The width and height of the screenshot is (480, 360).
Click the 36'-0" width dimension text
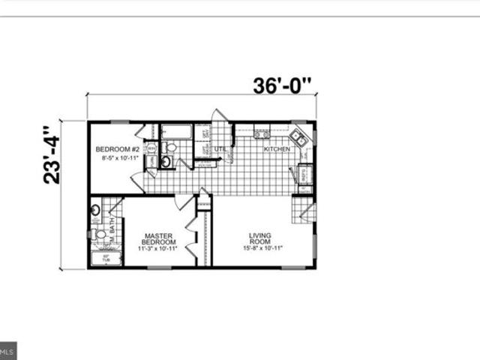[282, 86]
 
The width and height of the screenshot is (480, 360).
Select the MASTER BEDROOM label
[159, 239]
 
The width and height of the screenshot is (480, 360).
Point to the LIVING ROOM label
[259, 239]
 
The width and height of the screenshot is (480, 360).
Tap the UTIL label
[220, 149]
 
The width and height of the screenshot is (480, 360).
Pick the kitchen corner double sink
[298, 138]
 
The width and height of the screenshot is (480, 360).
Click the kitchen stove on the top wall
[261, 133]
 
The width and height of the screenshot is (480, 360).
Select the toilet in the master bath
[100, 235]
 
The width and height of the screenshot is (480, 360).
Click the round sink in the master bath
[95, 210]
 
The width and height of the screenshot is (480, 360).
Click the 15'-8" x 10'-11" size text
[259, 248]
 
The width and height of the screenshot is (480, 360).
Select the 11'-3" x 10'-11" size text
[159, 248]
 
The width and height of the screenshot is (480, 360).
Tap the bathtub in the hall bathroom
[176, 133]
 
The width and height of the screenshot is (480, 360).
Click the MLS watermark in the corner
[8, 351]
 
